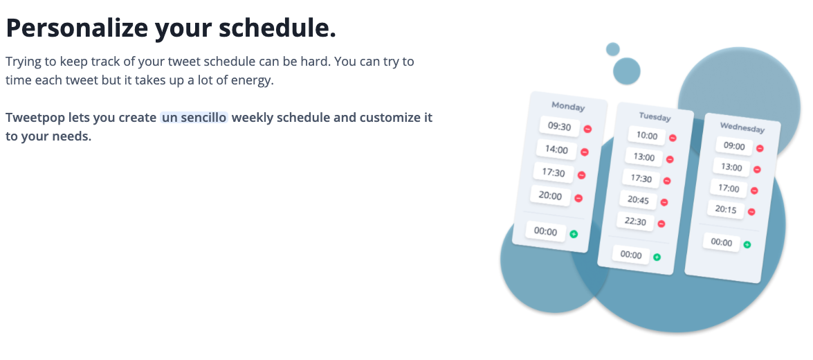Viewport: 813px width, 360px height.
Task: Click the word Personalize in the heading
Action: [77, 28]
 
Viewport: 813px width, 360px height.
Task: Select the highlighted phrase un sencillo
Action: [194, 118]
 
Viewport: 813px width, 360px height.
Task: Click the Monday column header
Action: [568, 107]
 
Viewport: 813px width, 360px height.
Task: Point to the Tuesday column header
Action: [655, 117]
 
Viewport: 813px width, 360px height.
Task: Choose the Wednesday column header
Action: [742, 127]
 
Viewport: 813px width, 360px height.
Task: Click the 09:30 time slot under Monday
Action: [560, 127]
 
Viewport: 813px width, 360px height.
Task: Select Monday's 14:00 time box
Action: [556, 150]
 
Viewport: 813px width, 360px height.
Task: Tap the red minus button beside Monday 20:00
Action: [578, 198]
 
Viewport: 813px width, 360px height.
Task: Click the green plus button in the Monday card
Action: [574, 234]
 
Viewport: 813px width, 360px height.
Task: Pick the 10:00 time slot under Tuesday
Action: [646, 136]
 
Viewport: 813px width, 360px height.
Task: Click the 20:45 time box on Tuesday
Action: [638, 199]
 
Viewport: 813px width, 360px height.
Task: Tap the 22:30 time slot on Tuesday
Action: [636, 222]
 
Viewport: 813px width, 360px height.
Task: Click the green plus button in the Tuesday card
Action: [657, 257]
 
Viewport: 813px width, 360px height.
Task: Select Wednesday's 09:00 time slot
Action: [734, 146]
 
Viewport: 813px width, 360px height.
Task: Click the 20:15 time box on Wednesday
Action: [726, 209]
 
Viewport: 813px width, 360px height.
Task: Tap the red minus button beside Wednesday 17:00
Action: [754, 190]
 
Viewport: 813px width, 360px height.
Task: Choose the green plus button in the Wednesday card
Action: [747, 244]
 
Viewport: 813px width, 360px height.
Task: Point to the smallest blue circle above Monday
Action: [613, 49]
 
